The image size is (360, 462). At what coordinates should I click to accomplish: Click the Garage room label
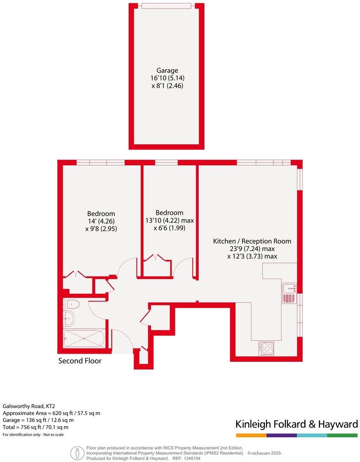167,70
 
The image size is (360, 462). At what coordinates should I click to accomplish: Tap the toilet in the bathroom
72,305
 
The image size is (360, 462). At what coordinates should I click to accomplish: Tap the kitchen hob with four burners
266,349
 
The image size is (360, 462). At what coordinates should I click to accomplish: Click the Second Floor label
80,361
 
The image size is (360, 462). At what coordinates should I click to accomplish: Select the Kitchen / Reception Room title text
252,241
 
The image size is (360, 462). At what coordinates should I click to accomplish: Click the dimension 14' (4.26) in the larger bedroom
101,221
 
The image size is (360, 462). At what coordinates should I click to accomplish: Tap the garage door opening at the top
167,6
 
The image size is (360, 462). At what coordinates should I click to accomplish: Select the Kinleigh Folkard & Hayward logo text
296,424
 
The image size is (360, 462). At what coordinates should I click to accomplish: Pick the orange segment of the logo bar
251,435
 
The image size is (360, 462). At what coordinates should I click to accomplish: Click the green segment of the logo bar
342,435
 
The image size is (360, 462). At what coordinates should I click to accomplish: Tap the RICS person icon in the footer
77,453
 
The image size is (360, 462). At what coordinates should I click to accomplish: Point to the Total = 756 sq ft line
35,427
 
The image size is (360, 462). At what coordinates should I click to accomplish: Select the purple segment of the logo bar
281,435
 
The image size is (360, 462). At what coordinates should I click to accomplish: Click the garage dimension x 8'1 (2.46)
167,86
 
